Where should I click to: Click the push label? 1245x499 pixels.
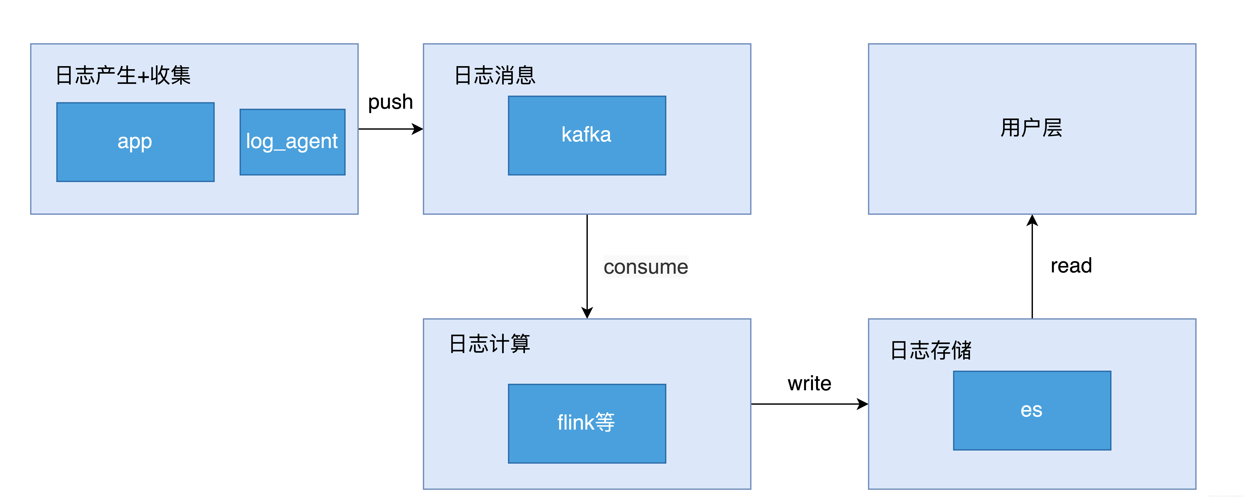[390, 102]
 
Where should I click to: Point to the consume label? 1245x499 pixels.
[646, 267]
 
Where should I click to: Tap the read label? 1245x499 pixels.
[1071, 265]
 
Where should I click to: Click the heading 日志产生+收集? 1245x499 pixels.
[123, 75]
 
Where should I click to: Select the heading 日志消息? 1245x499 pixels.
[495, 75]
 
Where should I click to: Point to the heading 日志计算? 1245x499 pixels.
[490, 344]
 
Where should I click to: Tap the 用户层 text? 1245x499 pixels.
[1031, 128]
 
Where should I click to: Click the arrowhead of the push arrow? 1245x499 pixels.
[418, 129]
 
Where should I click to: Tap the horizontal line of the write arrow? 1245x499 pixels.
[802, 404]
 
